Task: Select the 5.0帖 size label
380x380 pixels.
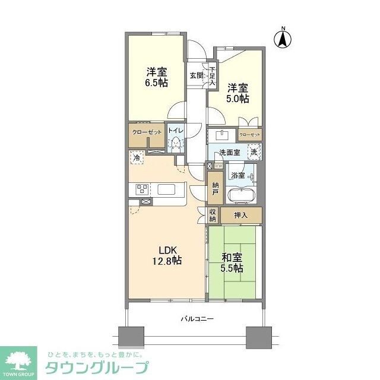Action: coord(237,98)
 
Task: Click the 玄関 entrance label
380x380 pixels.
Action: coord(197,75)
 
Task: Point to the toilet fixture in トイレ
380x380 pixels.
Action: coord(176,144)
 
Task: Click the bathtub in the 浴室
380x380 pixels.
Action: coord(242,196)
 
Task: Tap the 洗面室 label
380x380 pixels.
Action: coord(229,153)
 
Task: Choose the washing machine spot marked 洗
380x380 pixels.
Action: coord(254,151)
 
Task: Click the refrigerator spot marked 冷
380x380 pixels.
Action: coord(137,159)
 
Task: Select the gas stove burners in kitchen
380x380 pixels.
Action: coord(143,189)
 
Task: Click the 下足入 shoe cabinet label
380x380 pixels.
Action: coord(213,77)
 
